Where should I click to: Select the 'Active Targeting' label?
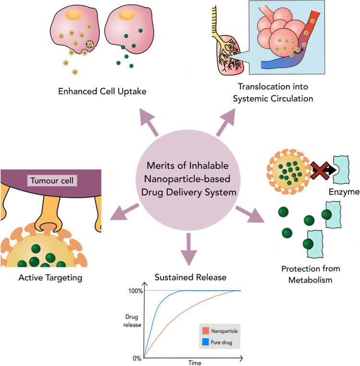(x=51, y=278)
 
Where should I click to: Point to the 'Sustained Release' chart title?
(x=183, y=278)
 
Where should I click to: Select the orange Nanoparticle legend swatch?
(x=205, y=331)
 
